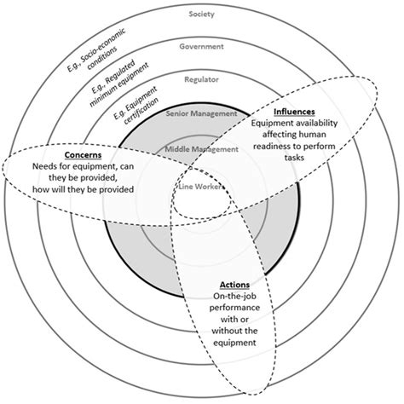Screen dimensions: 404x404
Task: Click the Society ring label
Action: [201, 14]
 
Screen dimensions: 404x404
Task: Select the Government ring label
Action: [201, 47]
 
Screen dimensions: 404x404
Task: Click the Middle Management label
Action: [201, 148]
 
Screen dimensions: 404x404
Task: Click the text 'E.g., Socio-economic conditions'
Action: [88, 62]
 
